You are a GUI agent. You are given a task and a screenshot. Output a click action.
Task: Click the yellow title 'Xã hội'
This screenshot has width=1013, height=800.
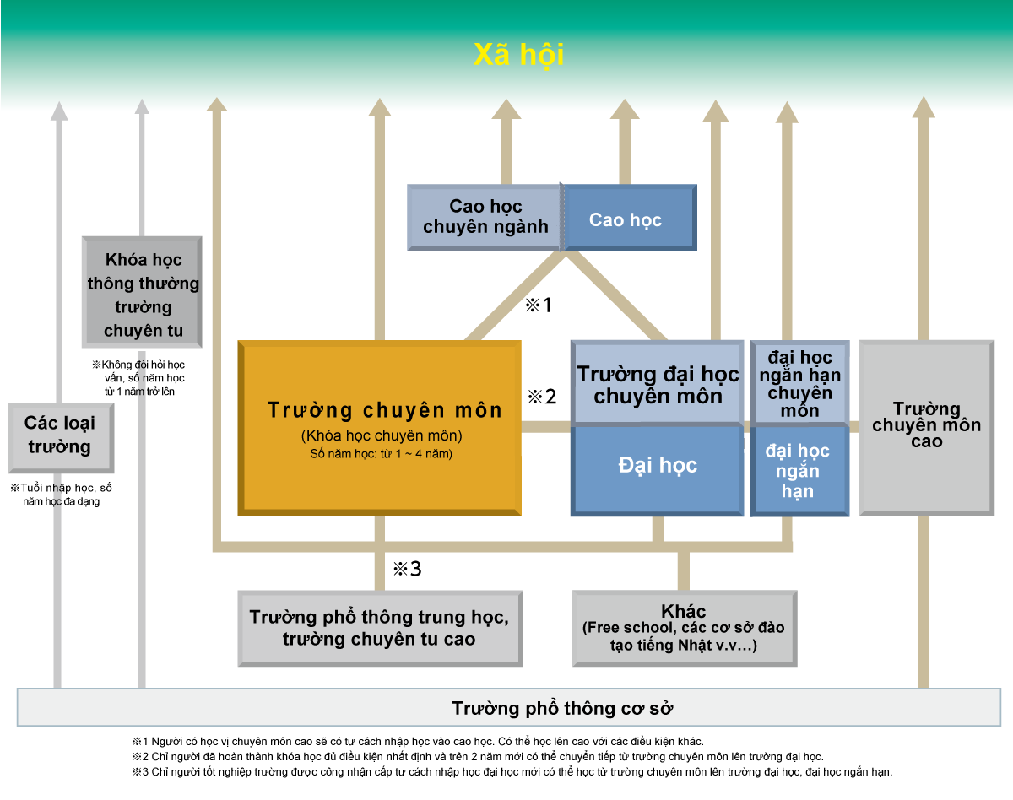click(518, 55)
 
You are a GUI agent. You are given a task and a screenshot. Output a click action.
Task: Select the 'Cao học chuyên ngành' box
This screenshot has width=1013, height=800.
click(485, 217)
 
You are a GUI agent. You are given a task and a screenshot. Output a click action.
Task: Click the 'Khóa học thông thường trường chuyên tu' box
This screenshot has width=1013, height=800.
click(143, 295)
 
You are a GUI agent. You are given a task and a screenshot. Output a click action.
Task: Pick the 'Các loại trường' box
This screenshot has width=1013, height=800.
click(60, 435)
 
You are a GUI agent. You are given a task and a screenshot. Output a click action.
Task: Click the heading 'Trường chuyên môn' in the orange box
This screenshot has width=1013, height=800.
click(385, 410)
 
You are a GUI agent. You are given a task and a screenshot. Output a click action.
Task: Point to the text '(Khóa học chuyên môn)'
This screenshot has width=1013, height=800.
click(382, 435)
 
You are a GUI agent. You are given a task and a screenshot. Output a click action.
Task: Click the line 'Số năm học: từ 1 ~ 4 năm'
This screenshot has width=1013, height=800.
click(382, 454)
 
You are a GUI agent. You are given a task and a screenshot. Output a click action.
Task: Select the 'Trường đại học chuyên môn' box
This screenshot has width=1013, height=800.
click(658, 384)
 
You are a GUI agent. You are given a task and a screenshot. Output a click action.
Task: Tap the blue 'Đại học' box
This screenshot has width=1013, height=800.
click(658, 466)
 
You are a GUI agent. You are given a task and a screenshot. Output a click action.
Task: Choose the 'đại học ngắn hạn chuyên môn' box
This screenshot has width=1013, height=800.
click(799, 383)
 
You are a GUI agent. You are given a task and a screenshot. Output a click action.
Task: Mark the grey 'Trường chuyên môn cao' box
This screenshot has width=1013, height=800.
click(926, 425)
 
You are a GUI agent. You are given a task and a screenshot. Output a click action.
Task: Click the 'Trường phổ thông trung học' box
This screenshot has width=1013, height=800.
click(379, 628)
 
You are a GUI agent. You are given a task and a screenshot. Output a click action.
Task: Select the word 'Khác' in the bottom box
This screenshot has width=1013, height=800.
click(684, 611)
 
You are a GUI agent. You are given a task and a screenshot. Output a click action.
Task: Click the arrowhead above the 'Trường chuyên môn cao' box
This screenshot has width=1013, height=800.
click(924, 107)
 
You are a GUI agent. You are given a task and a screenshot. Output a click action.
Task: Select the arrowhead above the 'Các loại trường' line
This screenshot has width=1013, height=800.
click(58, 111)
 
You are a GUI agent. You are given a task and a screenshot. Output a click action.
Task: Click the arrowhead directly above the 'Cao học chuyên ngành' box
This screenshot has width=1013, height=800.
click(506, 110)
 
